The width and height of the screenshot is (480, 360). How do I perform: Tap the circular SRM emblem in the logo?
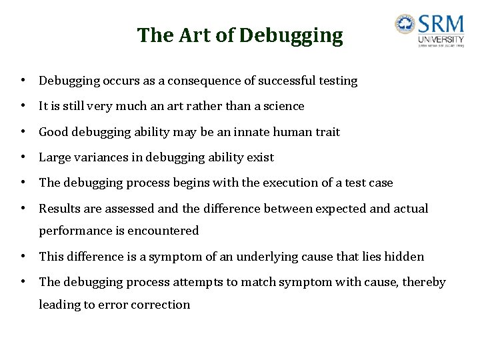pos(405,25)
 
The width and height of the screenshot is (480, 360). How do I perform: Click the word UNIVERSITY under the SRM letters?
pos(441,40)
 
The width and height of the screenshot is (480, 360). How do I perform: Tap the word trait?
pos(327,132)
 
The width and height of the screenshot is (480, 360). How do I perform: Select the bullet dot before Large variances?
pos(23,157)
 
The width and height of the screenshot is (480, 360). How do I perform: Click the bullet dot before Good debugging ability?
pos(23,132)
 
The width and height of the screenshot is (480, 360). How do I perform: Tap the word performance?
pos(74,231)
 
